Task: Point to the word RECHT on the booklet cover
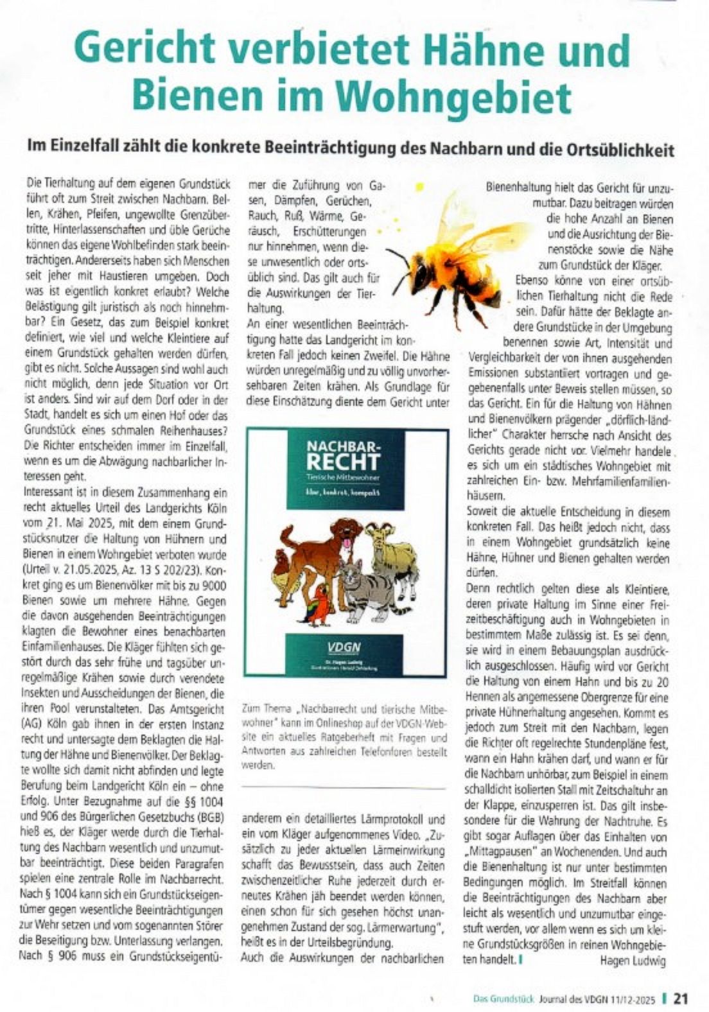pos(343,461)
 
